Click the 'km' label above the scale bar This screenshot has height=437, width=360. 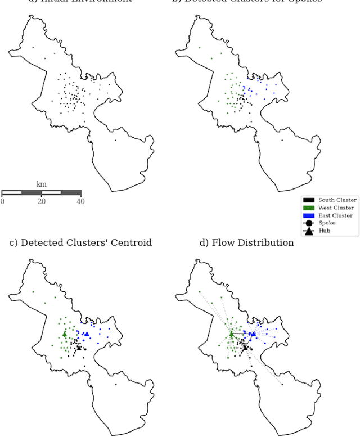tap(41, 184)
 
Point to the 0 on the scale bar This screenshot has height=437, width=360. tap(2, 201)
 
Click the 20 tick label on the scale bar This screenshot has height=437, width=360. tap(41, 201)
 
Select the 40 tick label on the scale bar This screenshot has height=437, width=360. tap(80, 201)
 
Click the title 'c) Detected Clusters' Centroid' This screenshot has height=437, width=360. tap(80, 243)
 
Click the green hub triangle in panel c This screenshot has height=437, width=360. tap(65, 334)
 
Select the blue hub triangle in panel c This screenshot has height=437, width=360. tap(86, 334)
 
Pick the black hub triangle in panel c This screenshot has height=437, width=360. tap(78, 348)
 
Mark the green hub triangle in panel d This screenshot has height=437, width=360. tap(231, 334)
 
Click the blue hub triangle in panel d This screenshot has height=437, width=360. tap(253, 334)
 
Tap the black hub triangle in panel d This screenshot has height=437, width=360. tap(245, 348)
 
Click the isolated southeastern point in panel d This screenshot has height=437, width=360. tap(282, 385)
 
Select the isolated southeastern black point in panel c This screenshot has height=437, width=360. tap(115, 385)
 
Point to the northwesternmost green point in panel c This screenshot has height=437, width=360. tap(33, 292)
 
